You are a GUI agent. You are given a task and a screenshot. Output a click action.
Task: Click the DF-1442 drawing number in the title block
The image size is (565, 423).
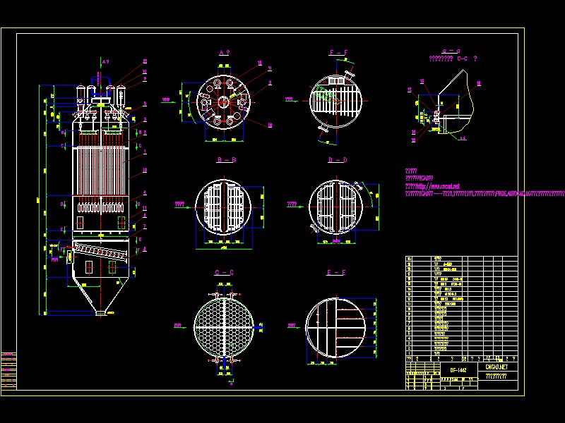(458, 369)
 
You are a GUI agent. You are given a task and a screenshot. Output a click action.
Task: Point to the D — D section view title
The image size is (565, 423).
(338, 160)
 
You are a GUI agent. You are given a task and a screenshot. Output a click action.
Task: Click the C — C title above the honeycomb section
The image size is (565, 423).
(225, 272)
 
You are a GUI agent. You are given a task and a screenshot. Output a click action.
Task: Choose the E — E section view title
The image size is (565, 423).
(337, 272)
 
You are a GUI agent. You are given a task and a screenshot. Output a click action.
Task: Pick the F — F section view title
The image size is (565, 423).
(338, 53)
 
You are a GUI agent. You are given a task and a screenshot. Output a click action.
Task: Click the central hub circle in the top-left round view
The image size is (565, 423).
(223, 102)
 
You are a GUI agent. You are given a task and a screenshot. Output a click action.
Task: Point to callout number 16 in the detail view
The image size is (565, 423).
(479, 83)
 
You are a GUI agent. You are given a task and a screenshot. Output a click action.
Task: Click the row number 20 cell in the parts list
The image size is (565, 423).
(409, 259)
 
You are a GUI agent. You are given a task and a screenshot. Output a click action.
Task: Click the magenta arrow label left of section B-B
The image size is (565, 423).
(180, 204)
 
